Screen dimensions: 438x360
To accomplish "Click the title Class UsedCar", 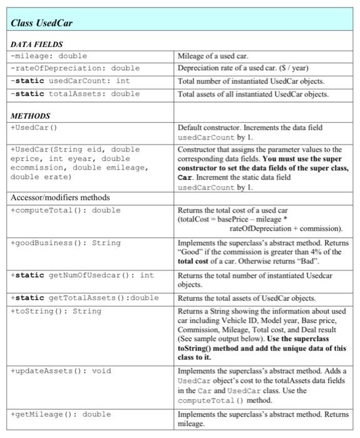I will [42, 23].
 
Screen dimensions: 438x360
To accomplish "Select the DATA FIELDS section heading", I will [36, 44].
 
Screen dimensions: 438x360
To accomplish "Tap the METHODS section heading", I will [30, 116].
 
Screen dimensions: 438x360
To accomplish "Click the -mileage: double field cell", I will [49, 56].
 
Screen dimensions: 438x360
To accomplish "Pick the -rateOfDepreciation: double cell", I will [74, 68].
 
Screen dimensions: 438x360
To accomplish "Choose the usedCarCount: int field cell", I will [69, 81].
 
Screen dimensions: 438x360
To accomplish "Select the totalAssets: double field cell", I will [74, 94].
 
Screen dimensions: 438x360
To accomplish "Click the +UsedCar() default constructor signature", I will [34, 128].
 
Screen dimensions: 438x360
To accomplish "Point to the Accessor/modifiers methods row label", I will [60, 198].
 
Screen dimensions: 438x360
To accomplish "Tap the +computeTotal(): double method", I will [65, 210].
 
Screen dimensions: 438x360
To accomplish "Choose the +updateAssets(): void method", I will [60, 371].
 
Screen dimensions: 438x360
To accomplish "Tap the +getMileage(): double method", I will [60, 414].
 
